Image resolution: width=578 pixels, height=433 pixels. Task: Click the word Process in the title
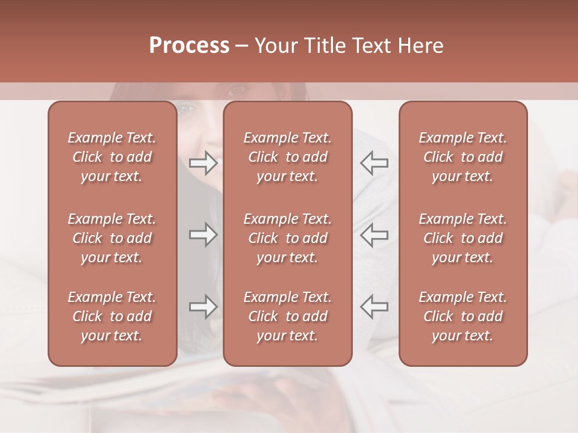189,46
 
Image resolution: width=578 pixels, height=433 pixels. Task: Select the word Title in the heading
325,46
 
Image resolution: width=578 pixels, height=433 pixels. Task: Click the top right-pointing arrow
204,163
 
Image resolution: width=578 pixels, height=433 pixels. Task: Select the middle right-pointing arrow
204,235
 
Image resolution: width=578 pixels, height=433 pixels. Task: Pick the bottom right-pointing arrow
204,307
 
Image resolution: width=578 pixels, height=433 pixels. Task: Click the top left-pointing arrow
374,163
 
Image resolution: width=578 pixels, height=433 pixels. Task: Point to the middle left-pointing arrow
374,235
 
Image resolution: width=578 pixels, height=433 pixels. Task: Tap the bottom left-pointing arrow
374,307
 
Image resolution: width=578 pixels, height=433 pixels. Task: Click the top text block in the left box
112,157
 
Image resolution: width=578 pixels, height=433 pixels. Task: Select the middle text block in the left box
112,238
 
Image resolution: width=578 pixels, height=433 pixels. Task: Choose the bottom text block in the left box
112,316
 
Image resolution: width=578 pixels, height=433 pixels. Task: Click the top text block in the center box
287,157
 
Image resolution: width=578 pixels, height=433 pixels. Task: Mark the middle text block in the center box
287,238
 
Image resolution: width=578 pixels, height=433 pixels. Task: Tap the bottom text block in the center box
287,316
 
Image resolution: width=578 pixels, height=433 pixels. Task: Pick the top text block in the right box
462,157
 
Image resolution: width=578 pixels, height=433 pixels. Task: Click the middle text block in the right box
462,238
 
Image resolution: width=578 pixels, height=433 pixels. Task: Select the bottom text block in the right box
462,316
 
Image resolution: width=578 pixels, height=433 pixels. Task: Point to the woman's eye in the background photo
235,91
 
